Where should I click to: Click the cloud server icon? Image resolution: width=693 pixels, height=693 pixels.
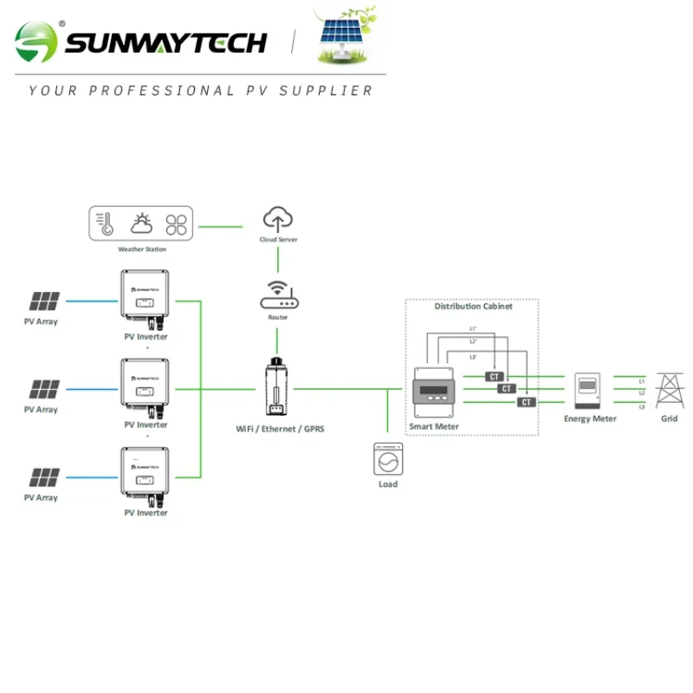[278, 219]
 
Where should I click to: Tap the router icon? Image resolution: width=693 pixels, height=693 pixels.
[278, 295]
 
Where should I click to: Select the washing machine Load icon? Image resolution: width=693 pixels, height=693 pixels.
[387, 458]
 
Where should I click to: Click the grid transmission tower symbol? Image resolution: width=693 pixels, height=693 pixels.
[669, 391]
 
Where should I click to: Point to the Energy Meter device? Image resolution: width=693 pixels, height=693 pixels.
[589, 392]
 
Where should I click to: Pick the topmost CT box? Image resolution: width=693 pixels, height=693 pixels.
[495, 377]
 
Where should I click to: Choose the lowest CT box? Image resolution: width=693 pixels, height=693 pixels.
[526, 402]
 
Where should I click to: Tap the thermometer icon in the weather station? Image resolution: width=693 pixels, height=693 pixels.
[106, 224]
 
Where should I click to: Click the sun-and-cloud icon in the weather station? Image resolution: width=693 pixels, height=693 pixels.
[142, 224]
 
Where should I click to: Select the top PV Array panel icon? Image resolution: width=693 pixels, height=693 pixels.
[44, 301]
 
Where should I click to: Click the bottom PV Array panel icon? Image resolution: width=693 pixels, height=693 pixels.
[44, 477]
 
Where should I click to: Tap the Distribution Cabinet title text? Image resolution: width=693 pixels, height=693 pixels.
[473, 307]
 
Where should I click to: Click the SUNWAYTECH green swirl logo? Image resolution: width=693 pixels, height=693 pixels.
[36, 42]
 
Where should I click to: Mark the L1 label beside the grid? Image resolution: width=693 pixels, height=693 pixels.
[642, 380]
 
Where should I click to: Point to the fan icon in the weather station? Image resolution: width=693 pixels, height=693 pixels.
[177, 224]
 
